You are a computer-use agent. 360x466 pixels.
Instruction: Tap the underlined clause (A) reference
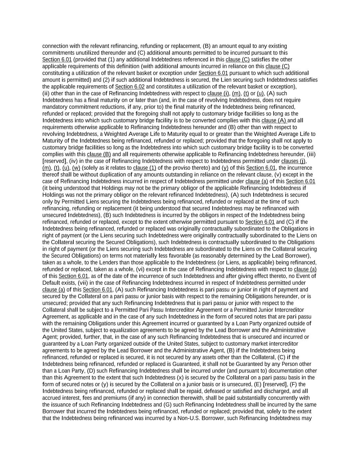click(274, 121)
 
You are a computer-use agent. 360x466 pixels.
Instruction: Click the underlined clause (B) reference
click(99, 154)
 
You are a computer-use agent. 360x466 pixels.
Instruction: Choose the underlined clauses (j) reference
click(293, 161)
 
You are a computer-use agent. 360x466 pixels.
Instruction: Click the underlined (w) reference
click(76, 168)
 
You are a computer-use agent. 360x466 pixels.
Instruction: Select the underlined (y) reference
click(225, 168)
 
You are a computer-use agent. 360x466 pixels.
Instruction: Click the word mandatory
click(55, 107)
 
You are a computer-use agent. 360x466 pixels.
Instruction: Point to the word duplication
click(101, 174)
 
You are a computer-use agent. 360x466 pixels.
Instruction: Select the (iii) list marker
click(311, 154)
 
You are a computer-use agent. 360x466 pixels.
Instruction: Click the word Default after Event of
click(52, 283)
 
